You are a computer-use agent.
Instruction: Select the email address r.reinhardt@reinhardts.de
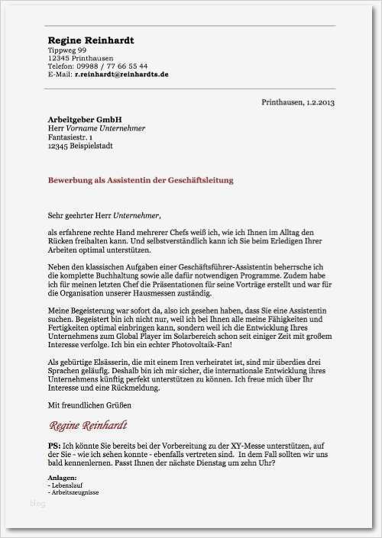[121, 74]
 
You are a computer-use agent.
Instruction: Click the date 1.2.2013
[320, 101]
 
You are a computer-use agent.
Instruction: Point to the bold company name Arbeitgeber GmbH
[85, 120]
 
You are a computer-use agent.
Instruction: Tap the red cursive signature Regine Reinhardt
[89, 425]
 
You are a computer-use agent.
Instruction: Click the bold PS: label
[54, 445]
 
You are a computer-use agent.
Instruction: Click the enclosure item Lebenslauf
[66, 485]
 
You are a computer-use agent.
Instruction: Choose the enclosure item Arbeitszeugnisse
[73, 492]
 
